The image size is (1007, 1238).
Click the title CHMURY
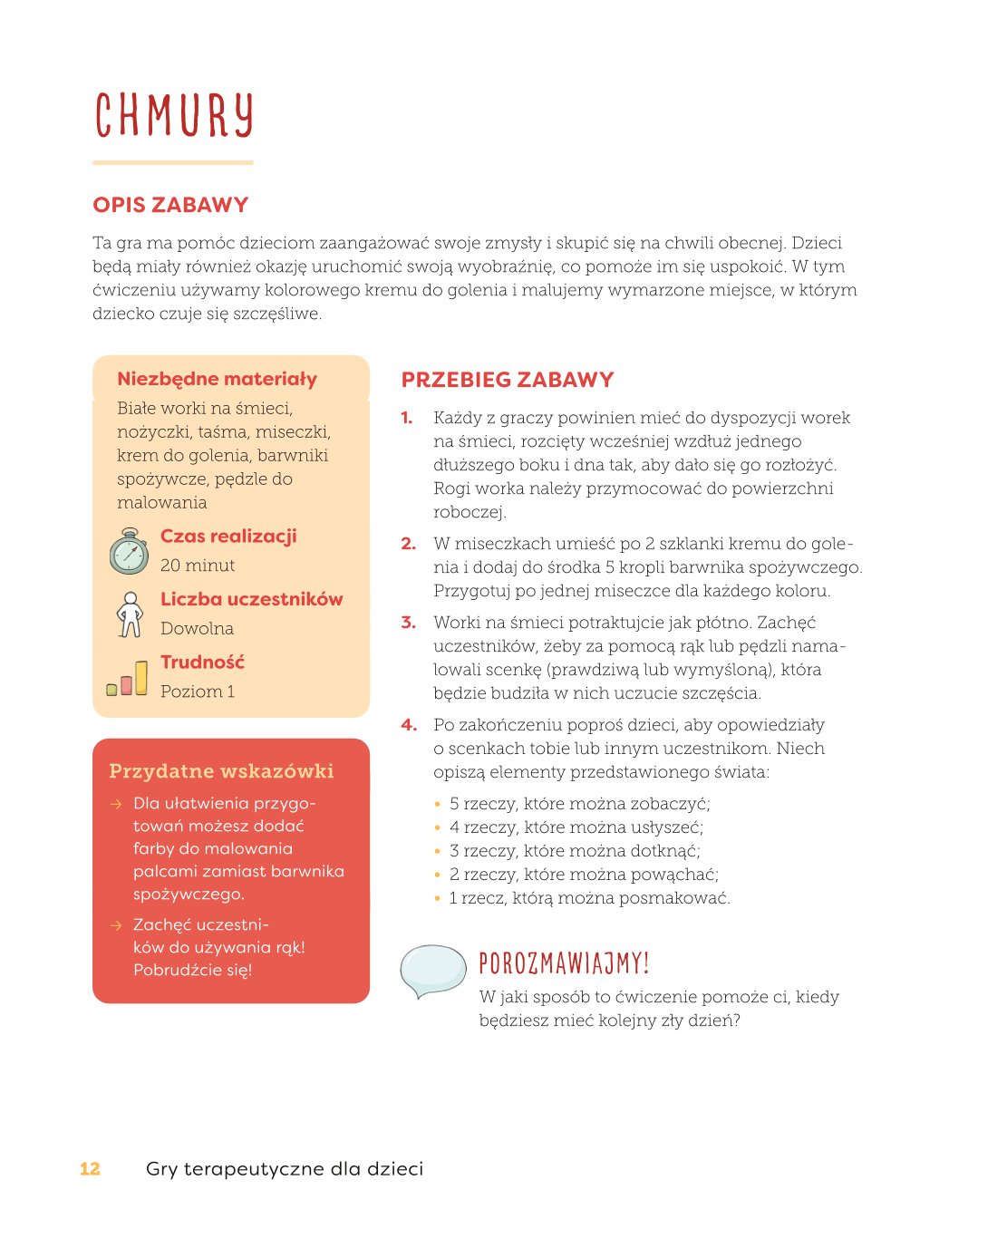tap(173, 116)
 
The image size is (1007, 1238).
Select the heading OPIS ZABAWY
tap(170, 205)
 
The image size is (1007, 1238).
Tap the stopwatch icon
tap(130, 551)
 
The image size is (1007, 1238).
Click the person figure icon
tap(131, 614)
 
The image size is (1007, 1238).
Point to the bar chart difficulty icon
tap(127, 678)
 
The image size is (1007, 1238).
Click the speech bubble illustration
tap(432, 971)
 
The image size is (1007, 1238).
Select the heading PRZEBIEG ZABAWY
tap(508, 380)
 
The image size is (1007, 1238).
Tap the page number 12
tap(90, 1169)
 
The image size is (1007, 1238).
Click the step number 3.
tap(409, 623)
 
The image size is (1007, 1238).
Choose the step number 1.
tap(407, 418)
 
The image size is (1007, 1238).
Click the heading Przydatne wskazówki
tap(221, 771)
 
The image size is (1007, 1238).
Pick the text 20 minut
tap(198, 566)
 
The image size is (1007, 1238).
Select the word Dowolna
tap(197, 629)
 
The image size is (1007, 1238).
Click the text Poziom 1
tap(198, 692)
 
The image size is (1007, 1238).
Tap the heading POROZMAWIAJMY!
tap(564, 962)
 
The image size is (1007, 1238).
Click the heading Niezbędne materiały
tap(218, 379)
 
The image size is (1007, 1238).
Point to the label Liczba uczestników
tap(252, 599)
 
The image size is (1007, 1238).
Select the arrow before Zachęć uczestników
tap(116, 925)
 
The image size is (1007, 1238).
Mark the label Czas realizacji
tap(228, 536)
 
